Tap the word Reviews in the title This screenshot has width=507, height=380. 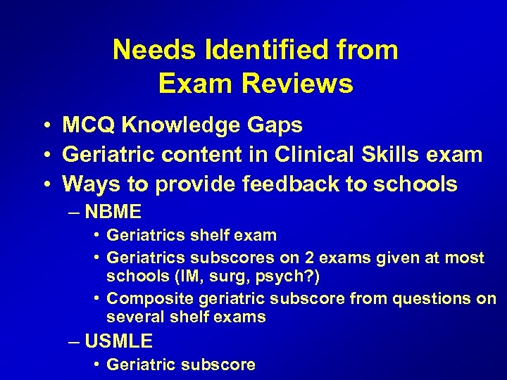pos(297,84)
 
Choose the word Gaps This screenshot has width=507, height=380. pos(277,125)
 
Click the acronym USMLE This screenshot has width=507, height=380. pos(118,341)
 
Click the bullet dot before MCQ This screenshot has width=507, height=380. pos(44,125)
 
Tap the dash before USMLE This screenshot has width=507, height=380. pos(75,342)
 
